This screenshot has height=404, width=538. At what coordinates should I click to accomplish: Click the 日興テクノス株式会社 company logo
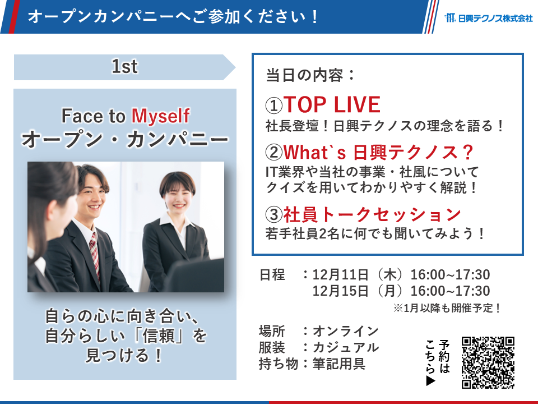[489, 17]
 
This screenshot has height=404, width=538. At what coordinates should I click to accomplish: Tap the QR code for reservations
[488, 362]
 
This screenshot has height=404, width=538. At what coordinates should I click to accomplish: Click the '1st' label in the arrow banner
[124, 66]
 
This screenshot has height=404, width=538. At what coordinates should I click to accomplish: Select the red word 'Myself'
[160, 116]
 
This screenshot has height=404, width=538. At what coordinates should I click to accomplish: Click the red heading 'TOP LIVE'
[332, 104]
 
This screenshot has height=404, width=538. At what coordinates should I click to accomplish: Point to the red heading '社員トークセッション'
[372, 214]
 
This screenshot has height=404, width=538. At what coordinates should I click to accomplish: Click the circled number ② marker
[274, 152]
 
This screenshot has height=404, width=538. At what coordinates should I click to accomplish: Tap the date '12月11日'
[340, 275]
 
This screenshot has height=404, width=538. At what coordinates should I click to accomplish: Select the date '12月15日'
[340, 291]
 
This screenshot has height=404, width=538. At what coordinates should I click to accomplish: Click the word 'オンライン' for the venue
[346, 331]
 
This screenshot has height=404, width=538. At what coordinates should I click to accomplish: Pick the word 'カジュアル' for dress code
[346, 347]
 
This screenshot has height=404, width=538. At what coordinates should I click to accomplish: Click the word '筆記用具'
[339, 364]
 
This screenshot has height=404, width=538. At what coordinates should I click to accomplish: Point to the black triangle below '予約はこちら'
[430, 381]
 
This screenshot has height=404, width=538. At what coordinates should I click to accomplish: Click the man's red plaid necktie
[94, 254]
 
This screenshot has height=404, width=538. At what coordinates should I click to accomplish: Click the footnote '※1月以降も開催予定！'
[447, 308]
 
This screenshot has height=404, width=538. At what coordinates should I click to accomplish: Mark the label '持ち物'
[279, 364]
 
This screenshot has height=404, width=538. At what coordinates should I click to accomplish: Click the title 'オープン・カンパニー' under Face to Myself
[125, 140]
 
